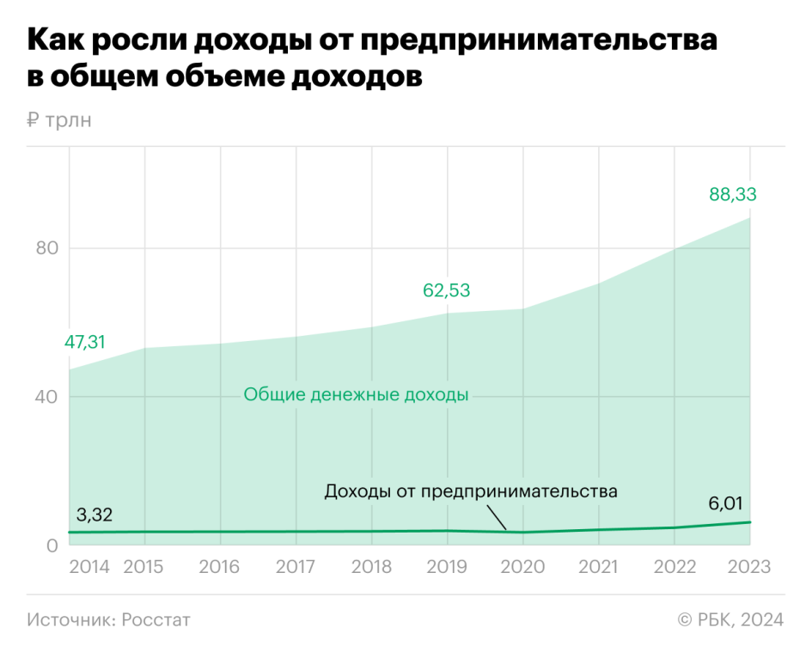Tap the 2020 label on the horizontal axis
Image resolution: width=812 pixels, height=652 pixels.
coord(522,568)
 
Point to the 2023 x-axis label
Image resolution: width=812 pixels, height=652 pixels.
coord(749,568)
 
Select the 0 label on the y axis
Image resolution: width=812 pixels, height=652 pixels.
coord(51,545)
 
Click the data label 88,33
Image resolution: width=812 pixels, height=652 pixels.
coord(732,195)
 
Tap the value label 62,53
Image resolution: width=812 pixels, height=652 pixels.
coord(446,290)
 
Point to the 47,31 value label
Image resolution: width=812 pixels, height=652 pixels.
coord(84,342)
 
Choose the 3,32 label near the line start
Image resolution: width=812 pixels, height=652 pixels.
coord(95,515)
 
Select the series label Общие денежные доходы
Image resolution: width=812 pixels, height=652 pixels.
coord(356,395)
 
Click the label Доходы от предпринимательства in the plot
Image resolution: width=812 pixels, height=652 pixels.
coord(471,492)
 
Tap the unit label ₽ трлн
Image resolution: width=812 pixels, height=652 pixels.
coord(58,120)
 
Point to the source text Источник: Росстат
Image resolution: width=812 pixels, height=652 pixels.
coord(108,619)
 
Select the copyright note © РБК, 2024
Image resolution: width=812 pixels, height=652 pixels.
coord(730,619)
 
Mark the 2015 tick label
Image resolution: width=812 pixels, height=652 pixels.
coord(144,568)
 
